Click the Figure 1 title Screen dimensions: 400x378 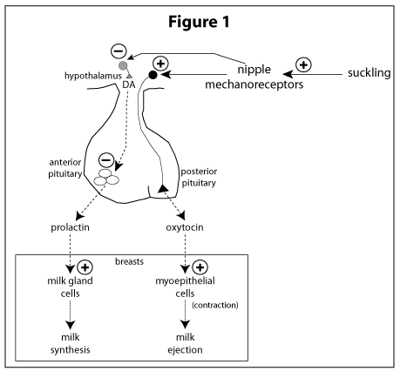pos(199,22)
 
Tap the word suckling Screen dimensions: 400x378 pos(369,73)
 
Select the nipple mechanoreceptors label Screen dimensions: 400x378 pos(254,77)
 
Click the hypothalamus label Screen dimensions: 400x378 pos(93,76)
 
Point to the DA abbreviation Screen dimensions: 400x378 pos(129,84)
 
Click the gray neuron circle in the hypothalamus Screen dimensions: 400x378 pos(123,65)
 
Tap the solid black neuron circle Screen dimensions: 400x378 pos(153,75)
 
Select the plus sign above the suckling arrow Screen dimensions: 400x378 pos(303,64)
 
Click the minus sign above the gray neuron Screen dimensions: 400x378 pos(119,51)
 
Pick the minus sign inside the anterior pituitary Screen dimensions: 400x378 pos(106,160)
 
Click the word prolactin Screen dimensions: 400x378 pos(70,227)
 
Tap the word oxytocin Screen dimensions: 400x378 pos(185,227)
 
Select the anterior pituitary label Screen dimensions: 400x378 pos(65,168)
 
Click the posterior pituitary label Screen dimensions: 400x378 pos(199,178)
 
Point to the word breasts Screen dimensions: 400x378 pos(129,261)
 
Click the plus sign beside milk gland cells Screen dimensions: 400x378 pos(85,267)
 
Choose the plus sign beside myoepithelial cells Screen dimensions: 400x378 pos(200,267)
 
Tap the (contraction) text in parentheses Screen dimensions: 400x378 pos(215,305)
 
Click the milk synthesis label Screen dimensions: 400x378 pos(71,343)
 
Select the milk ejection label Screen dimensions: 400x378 pos(185,343)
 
